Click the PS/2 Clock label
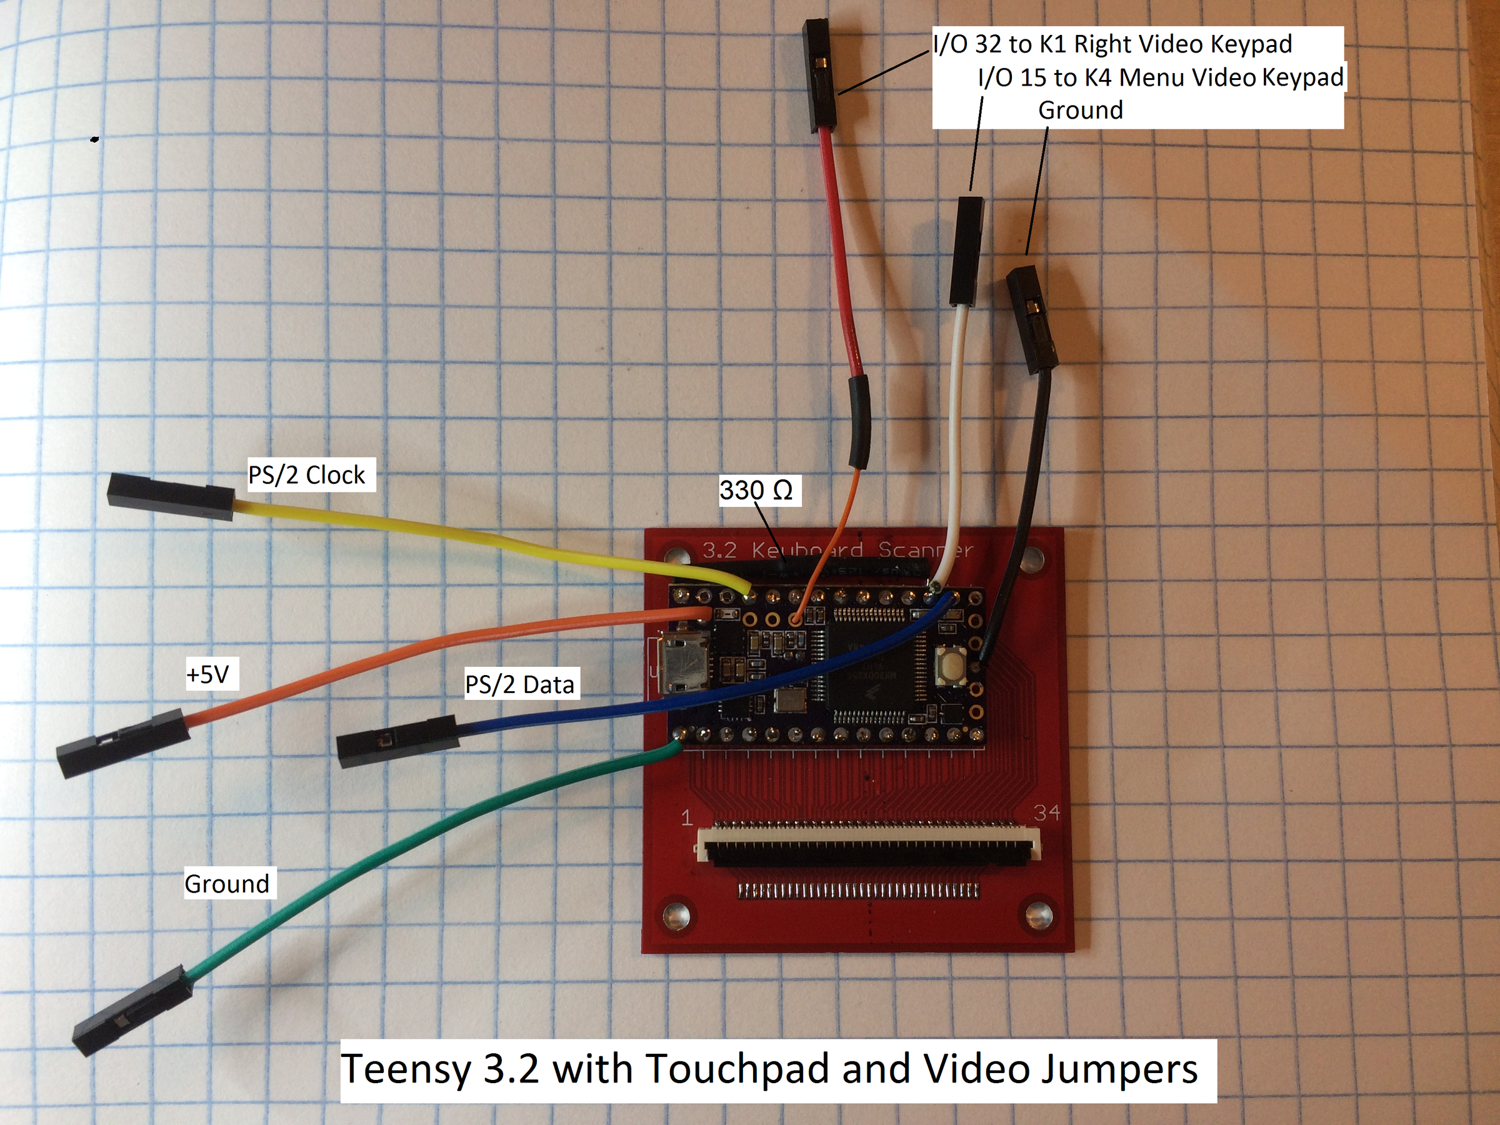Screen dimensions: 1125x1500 click(x=306, y=474)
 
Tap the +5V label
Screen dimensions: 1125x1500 click(x=208, y=674)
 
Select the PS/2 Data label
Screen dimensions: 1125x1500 click(x=519, y=684)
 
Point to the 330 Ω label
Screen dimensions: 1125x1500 click(x=756, y=489)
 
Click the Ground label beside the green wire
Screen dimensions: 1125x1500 click(x=227, y=884)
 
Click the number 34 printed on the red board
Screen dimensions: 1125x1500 click(x=1046, y=812)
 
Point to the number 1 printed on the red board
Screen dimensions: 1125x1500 click(x=687, y=817)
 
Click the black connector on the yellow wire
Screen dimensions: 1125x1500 click(x=171, y=497)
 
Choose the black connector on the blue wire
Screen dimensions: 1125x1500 click(x=397, y=742)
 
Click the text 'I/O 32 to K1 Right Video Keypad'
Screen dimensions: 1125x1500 click(x=1112, y=44)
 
